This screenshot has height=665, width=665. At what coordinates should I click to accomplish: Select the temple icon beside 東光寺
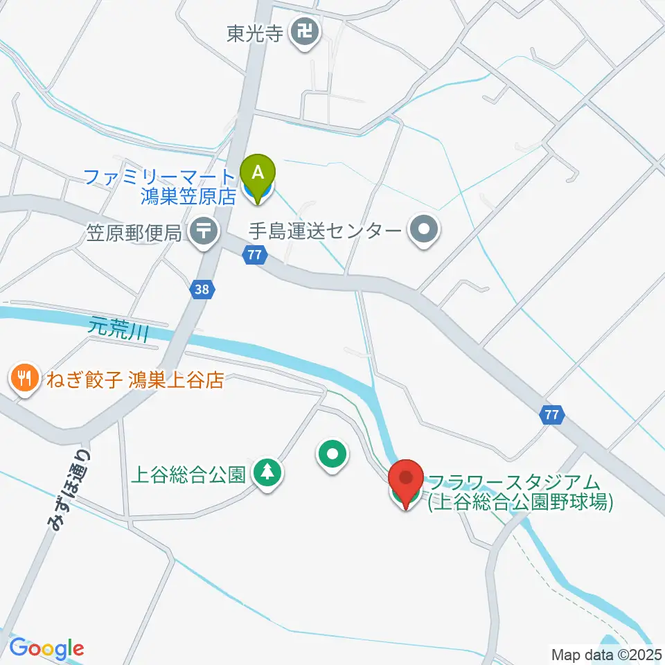click(305, 32)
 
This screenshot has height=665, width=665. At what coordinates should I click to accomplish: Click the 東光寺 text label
click(255, 33)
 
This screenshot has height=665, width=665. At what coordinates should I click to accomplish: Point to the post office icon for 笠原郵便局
click(204, 232)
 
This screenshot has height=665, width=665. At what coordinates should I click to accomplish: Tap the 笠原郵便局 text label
click(134, 232)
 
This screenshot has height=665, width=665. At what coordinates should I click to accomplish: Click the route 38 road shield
click(202, 290)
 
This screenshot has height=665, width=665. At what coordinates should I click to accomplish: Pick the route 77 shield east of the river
click(551, 415)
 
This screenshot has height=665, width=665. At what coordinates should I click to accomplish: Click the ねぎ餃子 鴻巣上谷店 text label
click(134, 380)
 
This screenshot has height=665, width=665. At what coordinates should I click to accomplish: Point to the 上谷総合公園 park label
click(188, 475)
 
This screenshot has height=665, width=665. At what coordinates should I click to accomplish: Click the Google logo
click(46, 649)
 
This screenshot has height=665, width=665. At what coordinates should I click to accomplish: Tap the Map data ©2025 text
click(607, 654)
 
